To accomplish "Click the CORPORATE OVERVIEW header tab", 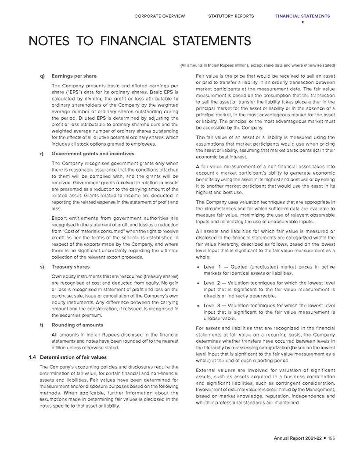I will click(160, 16).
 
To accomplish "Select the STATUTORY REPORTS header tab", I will click(231, 16).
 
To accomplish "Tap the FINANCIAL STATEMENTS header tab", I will click(302, 16).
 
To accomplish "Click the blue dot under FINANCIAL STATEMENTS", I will click(302, 22).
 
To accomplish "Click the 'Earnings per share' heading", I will click(74, 76).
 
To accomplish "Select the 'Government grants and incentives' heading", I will click(93, 154).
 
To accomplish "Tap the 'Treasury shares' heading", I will click(71, 267).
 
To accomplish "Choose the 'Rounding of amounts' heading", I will click(77, 325).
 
